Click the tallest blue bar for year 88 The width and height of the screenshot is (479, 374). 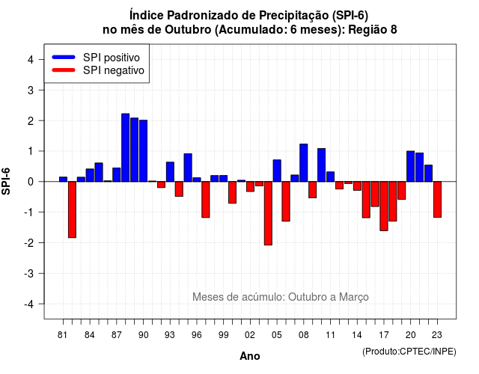125,148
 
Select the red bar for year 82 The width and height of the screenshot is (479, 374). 72,209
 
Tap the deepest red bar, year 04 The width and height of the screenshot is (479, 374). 268,213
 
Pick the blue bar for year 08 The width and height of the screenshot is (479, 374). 304,163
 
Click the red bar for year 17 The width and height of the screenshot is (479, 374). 384,206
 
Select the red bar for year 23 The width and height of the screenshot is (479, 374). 437,200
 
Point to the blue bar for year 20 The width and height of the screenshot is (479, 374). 411,166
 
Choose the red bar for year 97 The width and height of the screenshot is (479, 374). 206,200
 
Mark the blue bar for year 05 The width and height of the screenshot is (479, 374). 277,171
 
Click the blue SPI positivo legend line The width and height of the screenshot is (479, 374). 64,57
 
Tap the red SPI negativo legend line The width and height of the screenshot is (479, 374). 64,70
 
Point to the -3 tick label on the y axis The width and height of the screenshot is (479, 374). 30,274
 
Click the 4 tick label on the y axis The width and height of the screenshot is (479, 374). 31,60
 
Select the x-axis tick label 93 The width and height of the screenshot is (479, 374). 170,335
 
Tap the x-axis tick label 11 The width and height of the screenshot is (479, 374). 330,335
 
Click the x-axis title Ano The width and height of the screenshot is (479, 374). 249,356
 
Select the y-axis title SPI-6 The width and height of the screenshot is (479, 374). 6,181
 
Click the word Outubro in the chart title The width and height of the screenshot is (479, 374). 188,30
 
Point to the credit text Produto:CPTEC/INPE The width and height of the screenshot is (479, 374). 409,352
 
